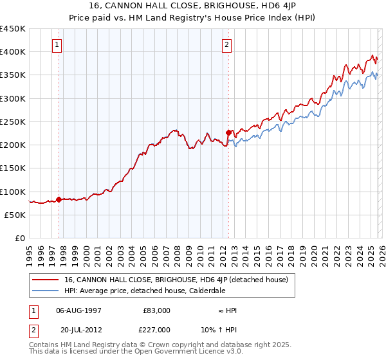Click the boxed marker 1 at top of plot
pos(59,45)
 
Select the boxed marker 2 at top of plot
pos(228,45)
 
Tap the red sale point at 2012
pos(228,132)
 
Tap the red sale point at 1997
pos(59,199)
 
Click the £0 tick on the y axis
pos(21,238)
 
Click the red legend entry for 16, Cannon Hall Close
pos(179,280)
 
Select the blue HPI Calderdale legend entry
pos(154,291)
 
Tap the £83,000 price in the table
pos(156,310)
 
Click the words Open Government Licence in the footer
pos(174,353)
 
